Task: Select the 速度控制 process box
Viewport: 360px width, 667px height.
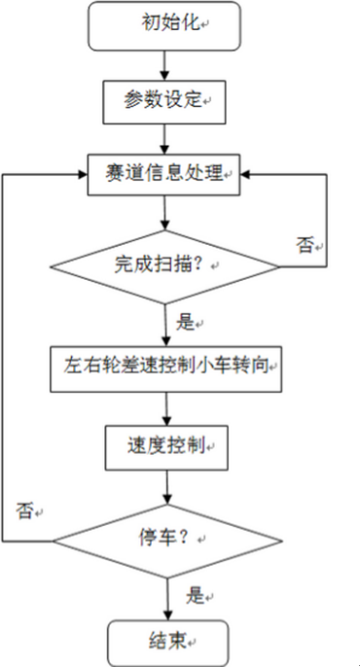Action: click(165, 447)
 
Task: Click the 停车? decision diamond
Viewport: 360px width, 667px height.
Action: click(165, 540)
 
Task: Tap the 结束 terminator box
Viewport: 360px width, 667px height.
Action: click(165, 640)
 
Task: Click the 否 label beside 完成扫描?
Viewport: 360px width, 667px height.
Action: click(304, 245)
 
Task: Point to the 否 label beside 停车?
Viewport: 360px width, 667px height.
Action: click(25, 509)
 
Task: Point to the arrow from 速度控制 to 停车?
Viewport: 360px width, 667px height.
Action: click(165, 486)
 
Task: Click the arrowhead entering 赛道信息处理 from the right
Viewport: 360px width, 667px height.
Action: click(249, 176)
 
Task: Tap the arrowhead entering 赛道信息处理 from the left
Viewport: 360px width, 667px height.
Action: click(82, 176)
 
